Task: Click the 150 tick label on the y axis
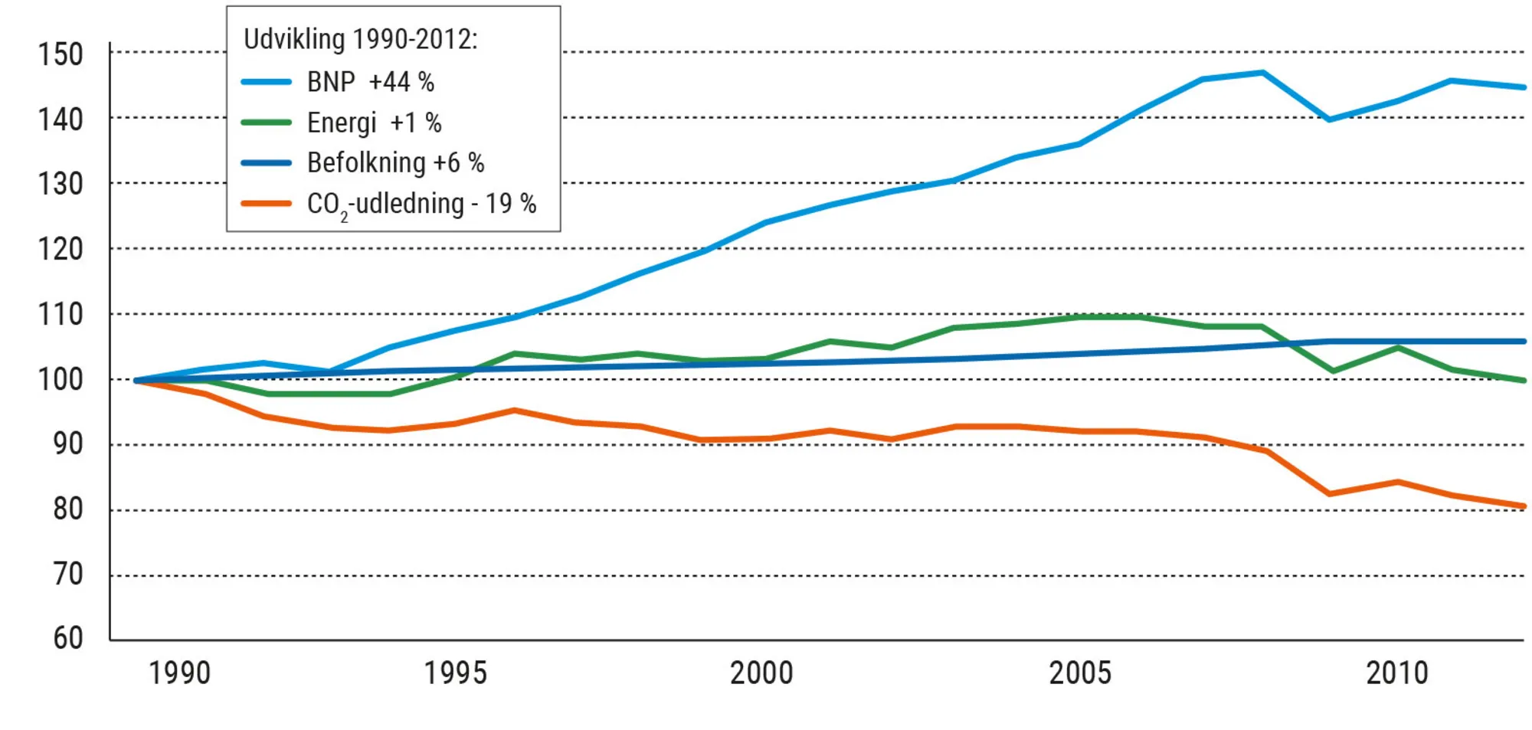coord(61,54)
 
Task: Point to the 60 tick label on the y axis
coord(67,637)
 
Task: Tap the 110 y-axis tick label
coord(61,314)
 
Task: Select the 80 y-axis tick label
coord(67,509)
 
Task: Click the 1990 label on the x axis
coord(179,673)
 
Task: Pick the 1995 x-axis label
coord(456,673)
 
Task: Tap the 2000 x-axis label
coord(761,673)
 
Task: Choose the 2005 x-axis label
coord(1080,673)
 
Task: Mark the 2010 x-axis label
coord(1397,673)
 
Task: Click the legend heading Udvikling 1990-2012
coord(360,38)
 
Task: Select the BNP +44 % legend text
coord(371,82)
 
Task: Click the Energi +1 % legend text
coord(374,123)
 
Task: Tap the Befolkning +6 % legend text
coord(395,162)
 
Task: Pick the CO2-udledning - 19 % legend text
coord(421,204)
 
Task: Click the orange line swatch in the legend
coord(266,204)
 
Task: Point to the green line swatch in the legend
coord(266,123)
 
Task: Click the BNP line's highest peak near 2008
coord(1263,73)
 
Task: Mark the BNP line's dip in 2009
coord(1329,119)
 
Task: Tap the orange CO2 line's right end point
coord(1524,506)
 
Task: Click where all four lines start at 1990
coord(136,380)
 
